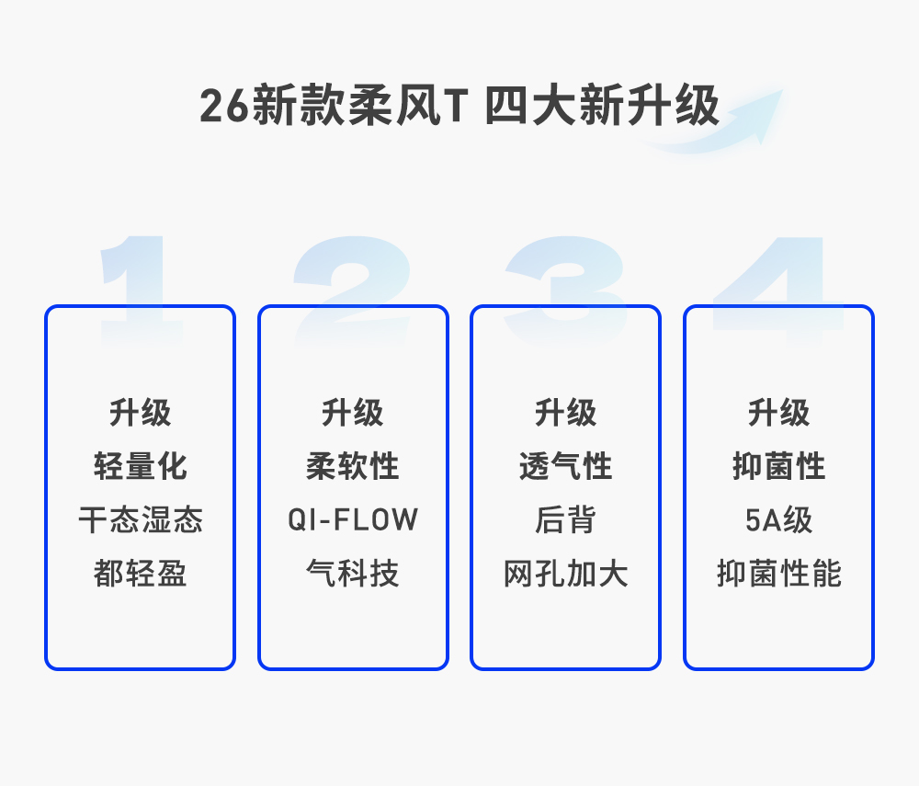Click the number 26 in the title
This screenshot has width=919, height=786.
pos(224,106)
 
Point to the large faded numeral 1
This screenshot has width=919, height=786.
pos(141,290)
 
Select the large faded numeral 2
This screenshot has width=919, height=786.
pos(352,290)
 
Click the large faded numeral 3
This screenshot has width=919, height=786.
pos(565,290)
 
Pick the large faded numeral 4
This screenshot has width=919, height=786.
pos(778,290)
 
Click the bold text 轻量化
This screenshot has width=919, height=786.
pos(140,467)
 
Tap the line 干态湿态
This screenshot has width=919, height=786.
pos(140,520)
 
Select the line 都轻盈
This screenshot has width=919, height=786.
pos(140,574)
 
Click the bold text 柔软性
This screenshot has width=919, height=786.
pos(353,467)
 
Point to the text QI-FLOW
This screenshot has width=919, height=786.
pos(353,520)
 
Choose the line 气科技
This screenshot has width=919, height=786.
pos(353,574)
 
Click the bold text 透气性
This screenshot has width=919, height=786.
pos(565,467)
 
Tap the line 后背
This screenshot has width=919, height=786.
pos(565,520)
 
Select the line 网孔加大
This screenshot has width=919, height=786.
pos(565,574)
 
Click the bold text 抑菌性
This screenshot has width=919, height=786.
pos(779,467)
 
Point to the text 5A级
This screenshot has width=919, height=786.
pos(779,520)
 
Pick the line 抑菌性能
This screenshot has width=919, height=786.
pos(779,574)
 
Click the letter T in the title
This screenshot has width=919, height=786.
pos(457,106)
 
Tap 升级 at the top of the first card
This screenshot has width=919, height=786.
pos(140,413)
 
